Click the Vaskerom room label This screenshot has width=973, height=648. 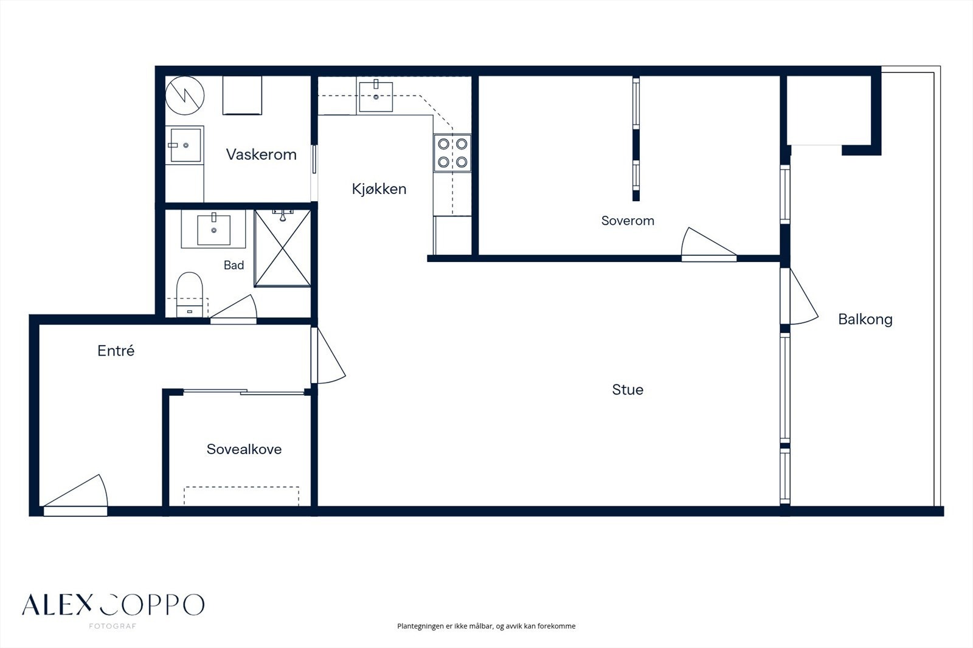261,154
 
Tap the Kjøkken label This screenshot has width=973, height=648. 379,189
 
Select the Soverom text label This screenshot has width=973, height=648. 627,221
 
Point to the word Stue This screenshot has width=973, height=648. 627,390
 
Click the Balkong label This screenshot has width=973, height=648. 865,319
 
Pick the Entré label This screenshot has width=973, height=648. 116,351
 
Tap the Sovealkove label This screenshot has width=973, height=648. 244,449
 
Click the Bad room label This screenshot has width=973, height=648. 234,265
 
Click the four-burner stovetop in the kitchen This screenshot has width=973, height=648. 452,153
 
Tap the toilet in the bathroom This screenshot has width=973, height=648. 189,294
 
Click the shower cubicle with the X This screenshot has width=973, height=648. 282,248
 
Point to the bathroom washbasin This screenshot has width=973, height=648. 213,229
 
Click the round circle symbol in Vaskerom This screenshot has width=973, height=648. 185,95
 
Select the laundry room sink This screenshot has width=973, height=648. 185,145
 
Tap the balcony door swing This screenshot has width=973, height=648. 803,296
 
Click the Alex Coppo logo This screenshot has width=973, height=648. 113,608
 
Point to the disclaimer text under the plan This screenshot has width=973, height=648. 486,626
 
